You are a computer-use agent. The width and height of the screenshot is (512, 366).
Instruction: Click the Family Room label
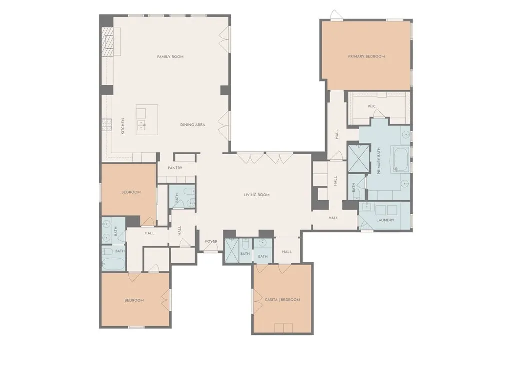[170, 57]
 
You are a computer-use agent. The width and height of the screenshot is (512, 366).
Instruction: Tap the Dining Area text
[192, 124]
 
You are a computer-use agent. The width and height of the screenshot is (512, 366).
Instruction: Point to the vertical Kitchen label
[123, 126]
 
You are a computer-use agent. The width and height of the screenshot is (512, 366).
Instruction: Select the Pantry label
[175, 168]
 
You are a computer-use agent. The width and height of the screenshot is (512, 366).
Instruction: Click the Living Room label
[256, 195]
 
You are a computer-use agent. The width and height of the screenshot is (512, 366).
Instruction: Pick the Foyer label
[211, 241]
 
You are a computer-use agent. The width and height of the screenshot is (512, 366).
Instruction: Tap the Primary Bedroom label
[366, 56]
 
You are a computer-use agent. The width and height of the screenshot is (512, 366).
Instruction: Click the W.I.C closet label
[372, 106]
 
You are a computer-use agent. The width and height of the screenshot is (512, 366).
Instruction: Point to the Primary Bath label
[379, 161]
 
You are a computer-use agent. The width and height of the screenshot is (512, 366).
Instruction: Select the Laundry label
[385, 220]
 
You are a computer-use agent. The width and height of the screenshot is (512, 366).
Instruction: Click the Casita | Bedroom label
[282, 299]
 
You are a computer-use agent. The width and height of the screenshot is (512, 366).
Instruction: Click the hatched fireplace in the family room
[107, 42]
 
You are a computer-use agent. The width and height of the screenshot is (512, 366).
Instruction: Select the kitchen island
[147, 120]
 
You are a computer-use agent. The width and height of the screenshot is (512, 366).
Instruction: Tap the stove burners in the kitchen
[107, 125]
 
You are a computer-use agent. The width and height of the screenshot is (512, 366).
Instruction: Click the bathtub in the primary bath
[401, 160]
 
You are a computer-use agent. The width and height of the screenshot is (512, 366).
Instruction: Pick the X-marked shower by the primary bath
[359, 158]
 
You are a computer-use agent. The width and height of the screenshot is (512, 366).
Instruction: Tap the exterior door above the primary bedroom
[336, 15]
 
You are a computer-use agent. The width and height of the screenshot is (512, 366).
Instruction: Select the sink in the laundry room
[367, 206]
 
